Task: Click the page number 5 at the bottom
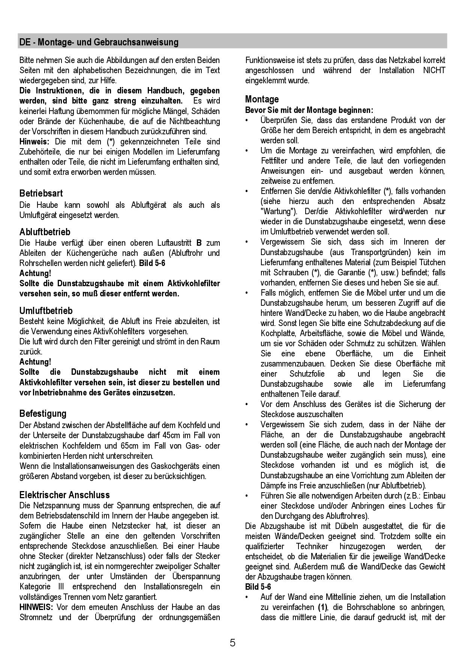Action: [232, 643]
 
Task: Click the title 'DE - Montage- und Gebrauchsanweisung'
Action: [99, 42]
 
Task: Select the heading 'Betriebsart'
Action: [41, 194]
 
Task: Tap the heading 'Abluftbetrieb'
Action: [45, 232]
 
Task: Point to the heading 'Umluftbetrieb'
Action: [46, 311]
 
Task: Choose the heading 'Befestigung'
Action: [43, 414]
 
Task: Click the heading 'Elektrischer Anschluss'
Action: [64, 495]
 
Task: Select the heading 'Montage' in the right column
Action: [262, 99]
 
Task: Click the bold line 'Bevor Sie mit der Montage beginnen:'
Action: [309, 110]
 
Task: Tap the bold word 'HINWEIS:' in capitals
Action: [36, 607]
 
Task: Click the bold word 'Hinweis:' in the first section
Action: [34, 142]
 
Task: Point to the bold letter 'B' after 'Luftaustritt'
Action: [199, 243]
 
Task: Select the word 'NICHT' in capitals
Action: [434, 70]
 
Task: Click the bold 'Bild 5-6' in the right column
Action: [258, 587]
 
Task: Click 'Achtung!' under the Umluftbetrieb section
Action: [35, 362]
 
